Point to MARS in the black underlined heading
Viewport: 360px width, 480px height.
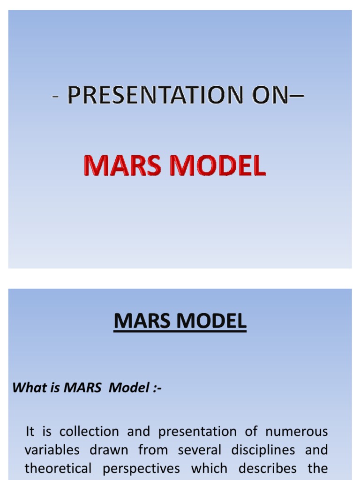point(140,321)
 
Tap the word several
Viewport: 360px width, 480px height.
point(199,450)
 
